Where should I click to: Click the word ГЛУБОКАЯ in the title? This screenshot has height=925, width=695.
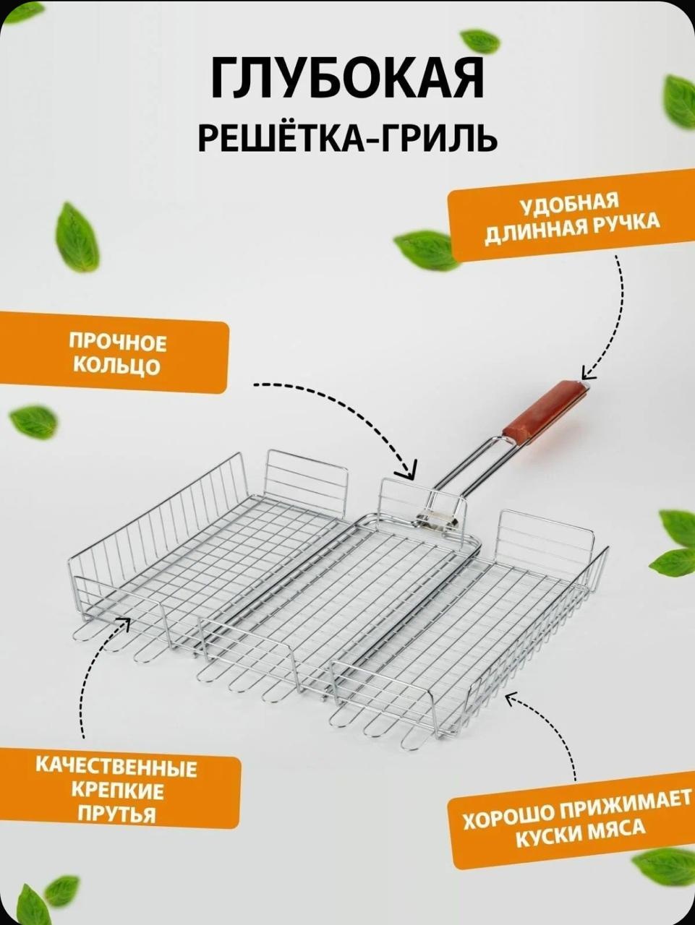pyautogui.click(x=347, y=79)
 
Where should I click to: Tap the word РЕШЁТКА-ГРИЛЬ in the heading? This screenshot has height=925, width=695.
pyautogui.click(x=347, y=137)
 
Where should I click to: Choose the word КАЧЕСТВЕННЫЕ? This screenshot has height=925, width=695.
pyautogui.click(x=116, y=766)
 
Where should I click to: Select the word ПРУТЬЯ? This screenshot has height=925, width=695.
pyautogui.click(x=116, y=814)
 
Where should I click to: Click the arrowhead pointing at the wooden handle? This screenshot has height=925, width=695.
pyautogui.click(x=587, y=374)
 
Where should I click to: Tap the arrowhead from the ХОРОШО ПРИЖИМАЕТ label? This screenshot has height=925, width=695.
pyautogui.click(x=511, y=699)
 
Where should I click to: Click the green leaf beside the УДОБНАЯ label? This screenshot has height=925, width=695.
pyautogui.click(x=425, y=251)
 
